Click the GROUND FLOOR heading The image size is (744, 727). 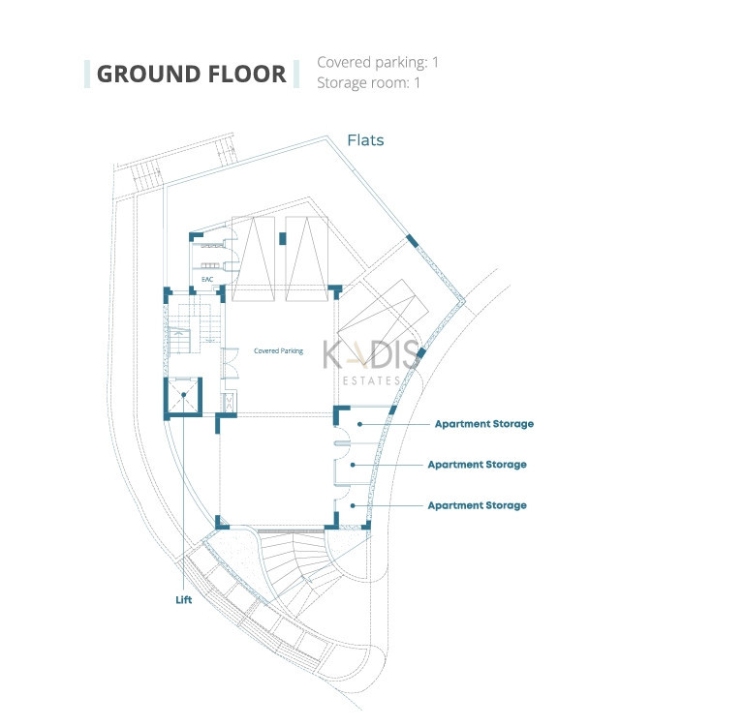[191, 75]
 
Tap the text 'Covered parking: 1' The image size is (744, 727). [378, 63]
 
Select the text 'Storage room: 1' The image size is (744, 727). [368, 83]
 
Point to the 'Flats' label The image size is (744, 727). [366, 140]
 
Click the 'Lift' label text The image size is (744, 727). [184, 600]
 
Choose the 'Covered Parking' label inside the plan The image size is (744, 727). [278, 351]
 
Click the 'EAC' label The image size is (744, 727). [206, 280]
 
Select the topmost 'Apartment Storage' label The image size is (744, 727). [483, 424]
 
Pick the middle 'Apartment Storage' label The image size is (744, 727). [477, 465]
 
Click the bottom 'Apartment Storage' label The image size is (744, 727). [477, 505]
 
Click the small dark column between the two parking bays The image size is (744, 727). [283, 238]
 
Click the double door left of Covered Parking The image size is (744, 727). [231, 362]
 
